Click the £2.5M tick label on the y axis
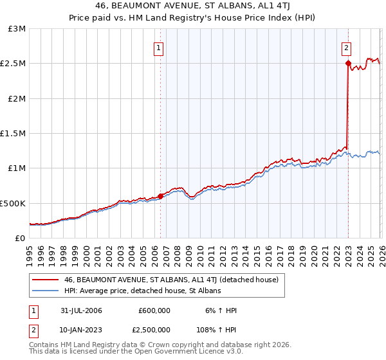click(13, 64)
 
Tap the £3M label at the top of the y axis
click(17, 29)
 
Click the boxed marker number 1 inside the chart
click(158, 47)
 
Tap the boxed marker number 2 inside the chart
click(346, 47)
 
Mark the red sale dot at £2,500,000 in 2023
click(348, 64)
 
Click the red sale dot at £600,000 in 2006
click(160, 196)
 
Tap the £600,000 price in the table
click(154, 310)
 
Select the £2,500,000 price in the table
click(150, 330)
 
